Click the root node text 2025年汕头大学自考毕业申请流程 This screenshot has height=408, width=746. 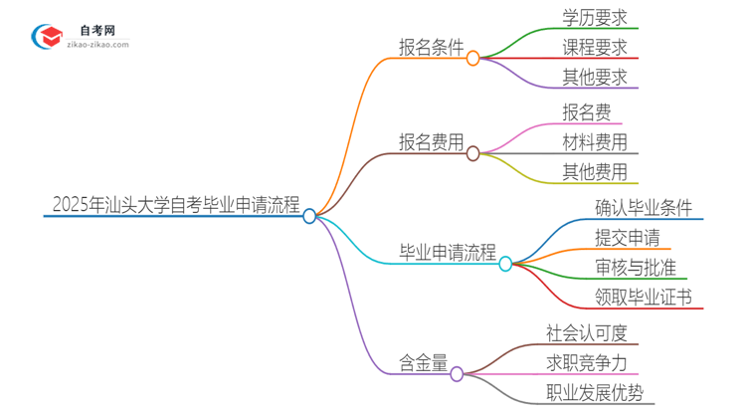[x=175, y=206]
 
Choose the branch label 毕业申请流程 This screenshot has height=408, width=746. [x=448, y=253]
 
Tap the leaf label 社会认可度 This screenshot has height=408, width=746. [x=587, y=331]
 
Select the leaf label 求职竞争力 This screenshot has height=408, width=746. [x=587, y=361]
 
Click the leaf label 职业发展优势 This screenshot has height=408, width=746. [x=594, y=391]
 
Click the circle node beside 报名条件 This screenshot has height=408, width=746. [x=473, y=59]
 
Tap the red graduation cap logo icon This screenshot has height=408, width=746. [x=48, y=37]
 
